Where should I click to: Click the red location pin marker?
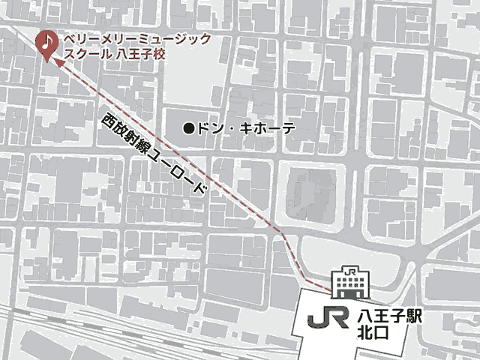(x=46, y=44)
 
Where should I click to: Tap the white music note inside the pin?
(x=46, y=40)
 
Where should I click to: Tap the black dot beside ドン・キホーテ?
(x=189, y=128)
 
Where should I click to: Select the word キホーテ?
(x=269, y=128)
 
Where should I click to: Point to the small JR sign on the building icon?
(x=349, y=271)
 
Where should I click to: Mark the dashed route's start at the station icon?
(x=330, y=287)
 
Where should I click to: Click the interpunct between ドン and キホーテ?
(x=232, y=128)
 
